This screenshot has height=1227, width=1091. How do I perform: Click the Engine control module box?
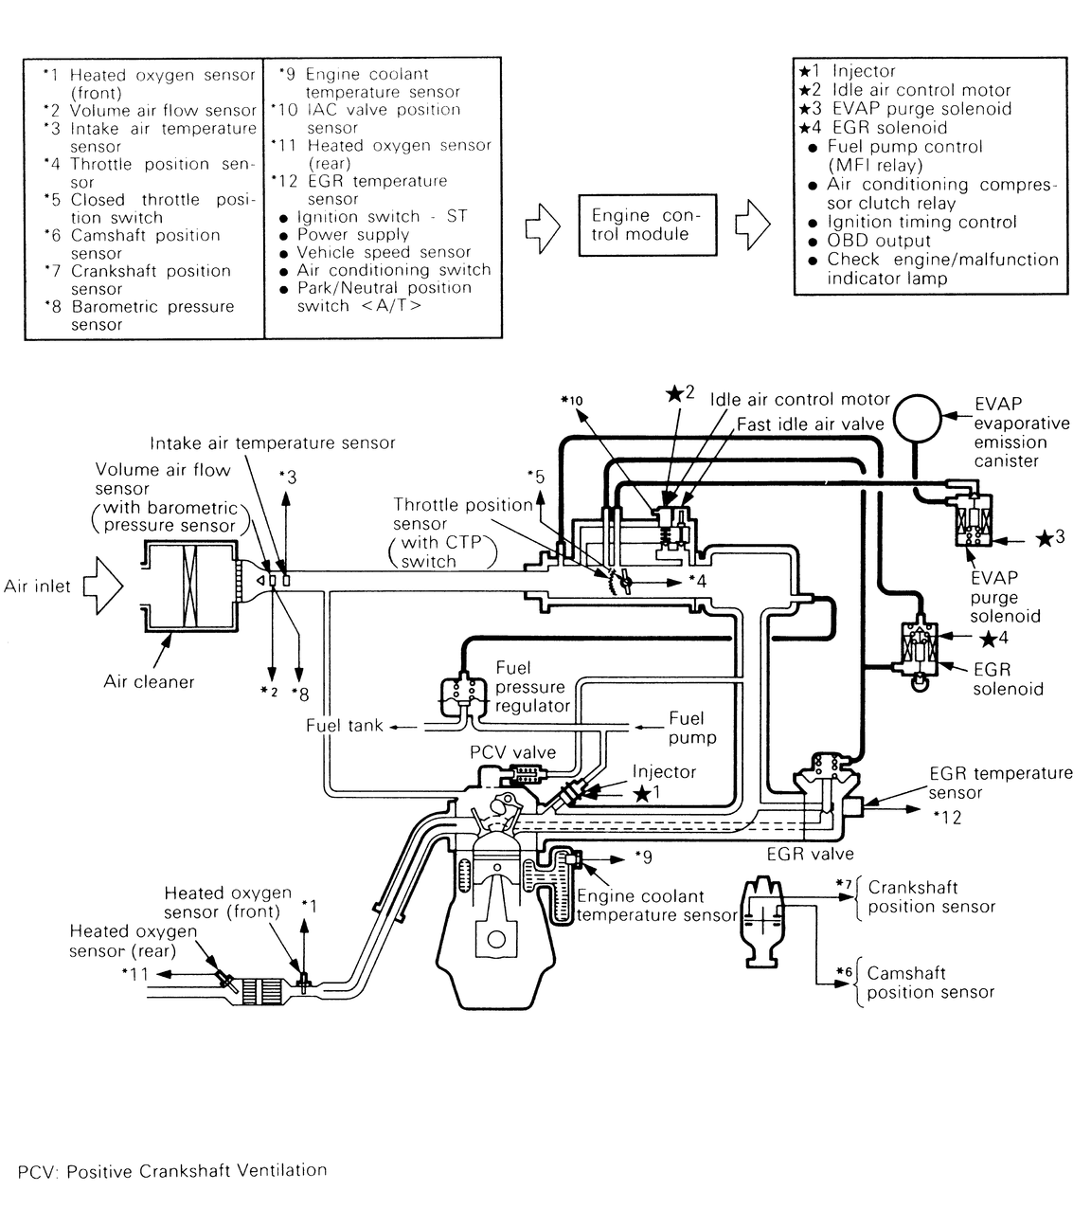tap(647, 226)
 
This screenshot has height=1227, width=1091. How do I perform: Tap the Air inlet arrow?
tap(102, 586)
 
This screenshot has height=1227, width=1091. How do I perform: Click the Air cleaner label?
tap(149, 681)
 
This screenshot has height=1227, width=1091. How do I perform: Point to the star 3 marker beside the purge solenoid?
tap(1049, 537)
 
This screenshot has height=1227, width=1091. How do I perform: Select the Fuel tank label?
tap(344, 726)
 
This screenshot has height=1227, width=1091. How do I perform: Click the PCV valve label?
tap(512, 751)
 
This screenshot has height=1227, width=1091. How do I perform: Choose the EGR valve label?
tap(810, 854)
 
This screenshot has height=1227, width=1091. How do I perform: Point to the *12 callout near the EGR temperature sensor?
tap(946, 817)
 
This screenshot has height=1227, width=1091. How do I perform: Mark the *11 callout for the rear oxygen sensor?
tap(134, 973)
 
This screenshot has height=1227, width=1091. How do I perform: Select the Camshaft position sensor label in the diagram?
tap(930, 983)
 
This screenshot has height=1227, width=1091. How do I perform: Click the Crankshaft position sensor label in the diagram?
tap(931, 897)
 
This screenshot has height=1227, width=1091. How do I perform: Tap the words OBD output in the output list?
tap(878, 241)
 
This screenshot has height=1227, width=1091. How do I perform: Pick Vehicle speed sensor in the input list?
tap(384, 252)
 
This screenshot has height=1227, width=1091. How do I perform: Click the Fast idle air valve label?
tap(810, 424)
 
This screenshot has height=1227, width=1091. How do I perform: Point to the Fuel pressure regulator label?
tap(531, 687)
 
